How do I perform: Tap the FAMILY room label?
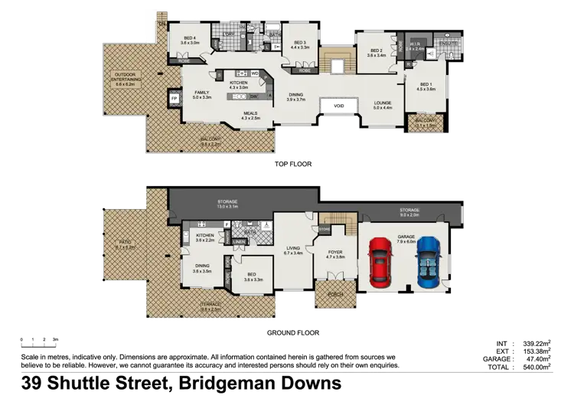coord(201,93)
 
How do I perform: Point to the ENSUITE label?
coord(448,44)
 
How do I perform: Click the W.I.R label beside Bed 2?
coord(414,43)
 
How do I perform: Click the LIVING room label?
coord(293,247)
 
